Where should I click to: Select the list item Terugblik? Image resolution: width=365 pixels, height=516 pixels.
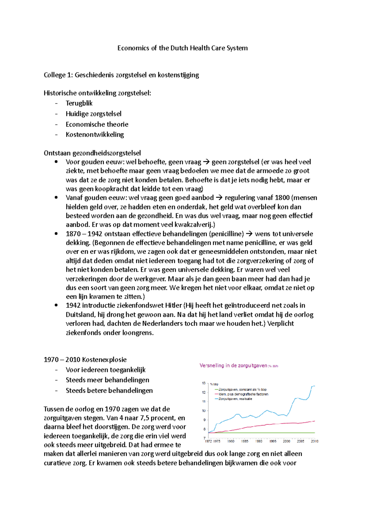[79, 103]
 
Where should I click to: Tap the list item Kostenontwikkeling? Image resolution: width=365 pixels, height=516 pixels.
[95, 135]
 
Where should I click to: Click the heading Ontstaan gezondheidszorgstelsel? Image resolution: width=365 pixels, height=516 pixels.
[92, 153]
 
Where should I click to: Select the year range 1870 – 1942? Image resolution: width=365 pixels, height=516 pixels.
[84, 234]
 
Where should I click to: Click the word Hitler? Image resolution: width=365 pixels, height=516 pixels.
[173, 305]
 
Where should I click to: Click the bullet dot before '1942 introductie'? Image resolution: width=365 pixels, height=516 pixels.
[56, 305]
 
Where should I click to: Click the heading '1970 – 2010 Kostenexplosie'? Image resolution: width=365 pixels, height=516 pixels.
[85, 360]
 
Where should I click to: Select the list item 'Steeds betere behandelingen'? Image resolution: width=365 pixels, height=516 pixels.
[109, 390]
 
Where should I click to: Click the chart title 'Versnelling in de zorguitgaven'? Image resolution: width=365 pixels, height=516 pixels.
[233, 366]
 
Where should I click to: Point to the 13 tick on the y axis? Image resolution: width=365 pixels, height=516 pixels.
[203, 383]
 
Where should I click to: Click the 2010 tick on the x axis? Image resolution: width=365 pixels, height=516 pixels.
[314, 441]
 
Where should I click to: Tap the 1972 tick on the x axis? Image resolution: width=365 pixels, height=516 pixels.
[208, 441]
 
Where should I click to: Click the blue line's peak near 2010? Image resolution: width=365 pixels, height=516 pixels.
[313, 386]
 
